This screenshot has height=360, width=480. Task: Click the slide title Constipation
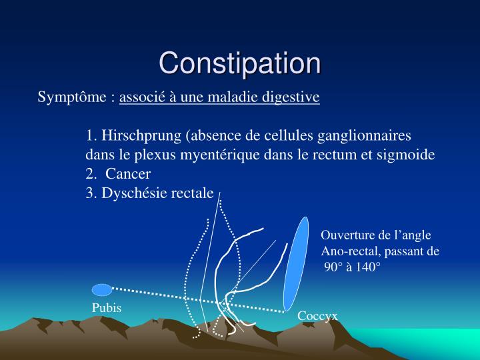[x=240, y=63]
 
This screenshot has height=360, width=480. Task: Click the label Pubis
[x=107, y=308]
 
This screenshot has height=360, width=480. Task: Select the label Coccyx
[x=317, y=316]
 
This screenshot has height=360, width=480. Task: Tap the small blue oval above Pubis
[x=101, y=289]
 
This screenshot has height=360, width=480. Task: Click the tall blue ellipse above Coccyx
[x=296, y=263]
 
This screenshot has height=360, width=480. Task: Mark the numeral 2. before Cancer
[x=91, y=174]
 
